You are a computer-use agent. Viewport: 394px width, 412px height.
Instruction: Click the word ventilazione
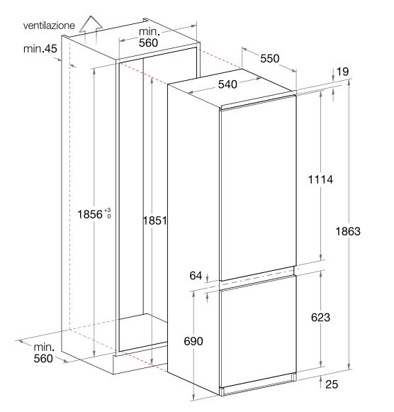49,26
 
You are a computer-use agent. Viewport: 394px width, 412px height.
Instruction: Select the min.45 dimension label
40,49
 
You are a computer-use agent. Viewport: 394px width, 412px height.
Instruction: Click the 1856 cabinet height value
90,214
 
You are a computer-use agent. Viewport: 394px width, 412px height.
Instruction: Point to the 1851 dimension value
155,221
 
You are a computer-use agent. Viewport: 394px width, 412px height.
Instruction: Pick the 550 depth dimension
269,58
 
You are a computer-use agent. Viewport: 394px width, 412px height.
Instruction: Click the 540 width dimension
227,84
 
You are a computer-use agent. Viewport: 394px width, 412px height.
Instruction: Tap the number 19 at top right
343,71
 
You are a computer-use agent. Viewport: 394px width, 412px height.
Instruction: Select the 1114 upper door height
320,179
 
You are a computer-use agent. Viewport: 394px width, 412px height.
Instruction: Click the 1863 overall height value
348,231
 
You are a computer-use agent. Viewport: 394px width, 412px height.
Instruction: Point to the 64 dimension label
196,275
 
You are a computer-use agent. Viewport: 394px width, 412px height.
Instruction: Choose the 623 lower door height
320,317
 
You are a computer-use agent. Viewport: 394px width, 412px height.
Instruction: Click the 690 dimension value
193,341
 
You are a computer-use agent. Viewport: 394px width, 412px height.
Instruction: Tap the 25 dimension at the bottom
332,384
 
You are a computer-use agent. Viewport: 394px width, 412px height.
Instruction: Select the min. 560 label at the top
149,37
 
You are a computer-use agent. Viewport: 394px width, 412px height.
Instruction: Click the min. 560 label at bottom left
43,353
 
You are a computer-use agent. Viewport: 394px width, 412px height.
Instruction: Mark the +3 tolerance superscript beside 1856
108,210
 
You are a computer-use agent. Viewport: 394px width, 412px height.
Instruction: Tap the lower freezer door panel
259,332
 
